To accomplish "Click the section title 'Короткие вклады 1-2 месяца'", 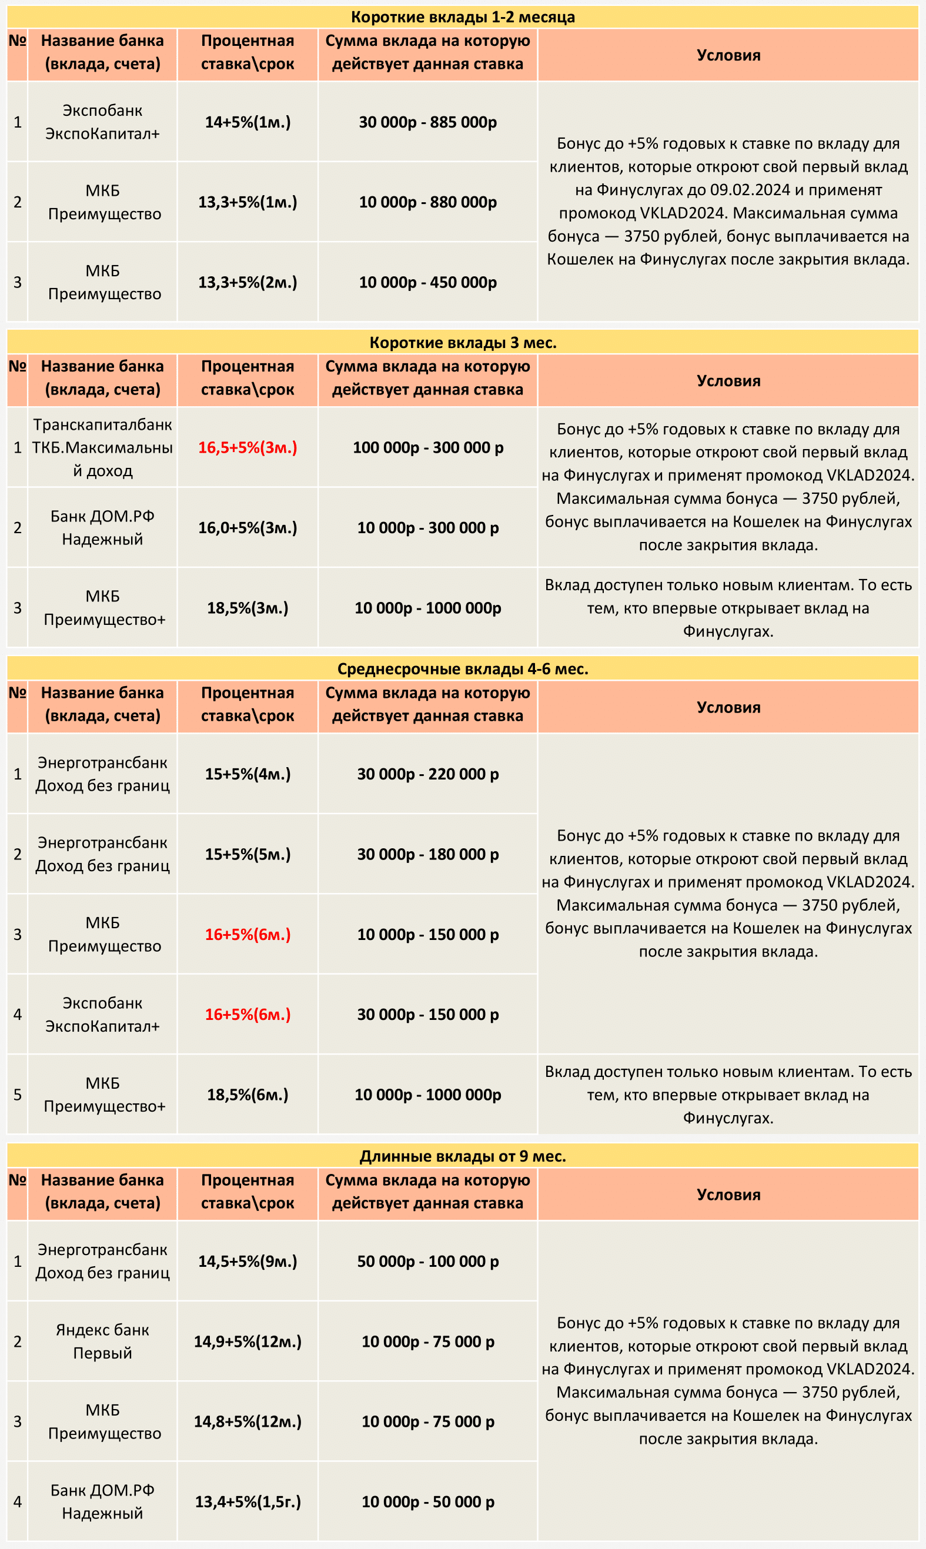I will pyautogui.click(x=462, y=17).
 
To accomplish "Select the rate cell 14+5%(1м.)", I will pyautogui.click(x=248, y=122).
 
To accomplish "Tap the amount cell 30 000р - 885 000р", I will pyautogui.click(x=427, y=122).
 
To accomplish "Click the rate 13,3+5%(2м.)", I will pyautogui.click(x=248, y=282).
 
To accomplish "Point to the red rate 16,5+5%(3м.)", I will pyautogui.click(x=248, y=447).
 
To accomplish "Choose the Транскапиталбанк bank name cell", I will pyautogui.click(x=102, y=447).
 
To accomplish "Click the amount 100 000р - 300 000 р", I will pyautogui.click(x=427, y=447).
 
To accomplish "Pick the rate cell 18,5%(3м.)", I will pyautogui.click(x=248, y=608).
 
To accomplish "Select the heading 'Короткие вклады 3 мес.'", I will pyautogui.click(x=462, y=343).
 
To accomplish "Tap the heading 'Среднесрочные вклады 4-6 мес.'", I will pyautogui.click(x=462, y=669).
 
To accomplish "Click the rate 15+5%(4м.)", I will pyautogui.click(x=248, y=774).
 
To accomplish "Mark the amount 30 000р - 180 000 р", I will pyautogui.click(x=427, y=854).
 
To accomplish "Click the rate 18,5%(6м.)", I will pyautogui.click(x=248, y=1094).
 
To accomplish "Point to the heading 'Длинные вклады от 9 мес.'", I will pyautogui.click(x=462, y=1156).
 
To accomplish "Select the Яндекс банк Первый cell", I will pyautogui.click(x=102, y=1341).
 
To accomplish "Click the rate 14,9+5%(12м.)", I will pyautogui.click(x=248, y=1341).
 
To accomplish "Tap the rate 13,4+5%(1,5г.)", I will pyautogui.click(x=248, y=1501).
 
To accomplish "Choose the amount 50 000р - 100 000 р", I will pyautogui.click(x=427, y=1262).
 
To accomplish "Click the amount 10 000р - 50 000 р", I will pyautogui.click(x=427, y=1501).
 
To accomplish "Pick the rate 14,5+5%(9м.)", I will pyautogui.click(x=248, y=1262).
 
